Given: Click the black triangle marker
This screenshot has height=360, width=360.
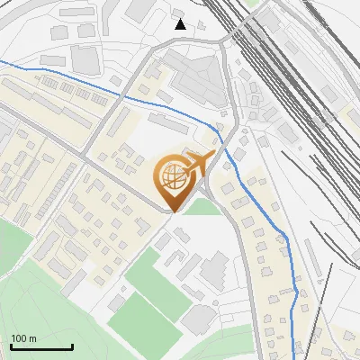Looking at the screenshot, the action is [x=181, y=23].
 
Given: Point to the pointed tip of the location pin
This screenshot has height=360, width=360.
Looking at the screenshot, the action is [x=172, y=211].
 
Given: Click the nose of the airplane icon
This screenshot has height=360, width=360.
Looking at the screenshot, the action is [x=213, y=155].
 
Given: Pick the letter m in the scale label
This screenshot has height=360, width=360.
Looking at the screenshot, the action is [x=33, y=339].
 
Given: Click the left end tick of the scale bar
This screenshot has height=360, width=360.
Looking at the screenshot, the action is [x=11, y=345].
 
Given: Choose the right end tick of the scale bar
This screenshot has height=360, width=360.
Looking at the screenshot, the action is [x=72, y=345].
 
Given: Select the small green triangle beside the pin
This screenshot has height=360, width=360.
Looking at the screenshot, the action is [x=203, y=207].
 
